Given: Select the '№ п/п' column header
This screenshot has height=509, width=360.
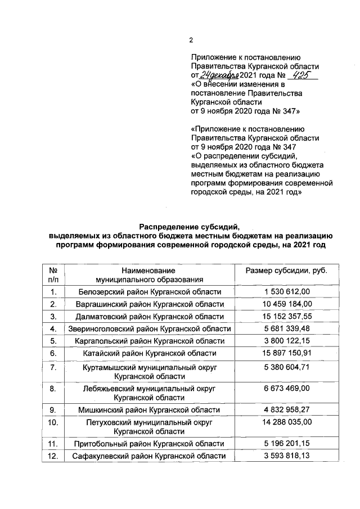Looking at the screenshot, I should pyautogui.click(x=53, y=274).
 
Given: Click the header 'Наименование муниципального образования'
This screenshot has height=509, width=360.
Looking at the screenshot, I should pyautogui.click(x=149, y=274).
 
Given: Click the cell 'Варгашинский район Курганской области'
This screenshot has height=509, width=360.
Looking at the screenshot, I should pyautogui.click(x=149, y=304).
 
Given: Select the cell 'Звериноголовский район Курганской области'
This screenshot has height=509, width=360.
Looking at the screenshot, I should pyautogui.click(x=149, y=328).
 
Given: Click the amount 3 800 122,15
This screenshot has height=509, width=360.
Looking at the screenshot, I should pyautogui.click(x=287, y=340).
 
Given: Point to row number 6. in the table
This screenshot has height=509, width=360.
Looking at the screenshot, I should pyautogui.click(x=53, y=353).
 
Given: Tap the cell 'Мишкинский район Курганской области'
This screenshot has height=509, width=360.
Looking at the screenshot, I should pyautogui.click(x=149, y=410).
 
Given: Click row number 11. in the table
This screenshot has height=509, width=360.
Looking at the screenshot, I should pyautogui.click(x=53, y=444).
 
